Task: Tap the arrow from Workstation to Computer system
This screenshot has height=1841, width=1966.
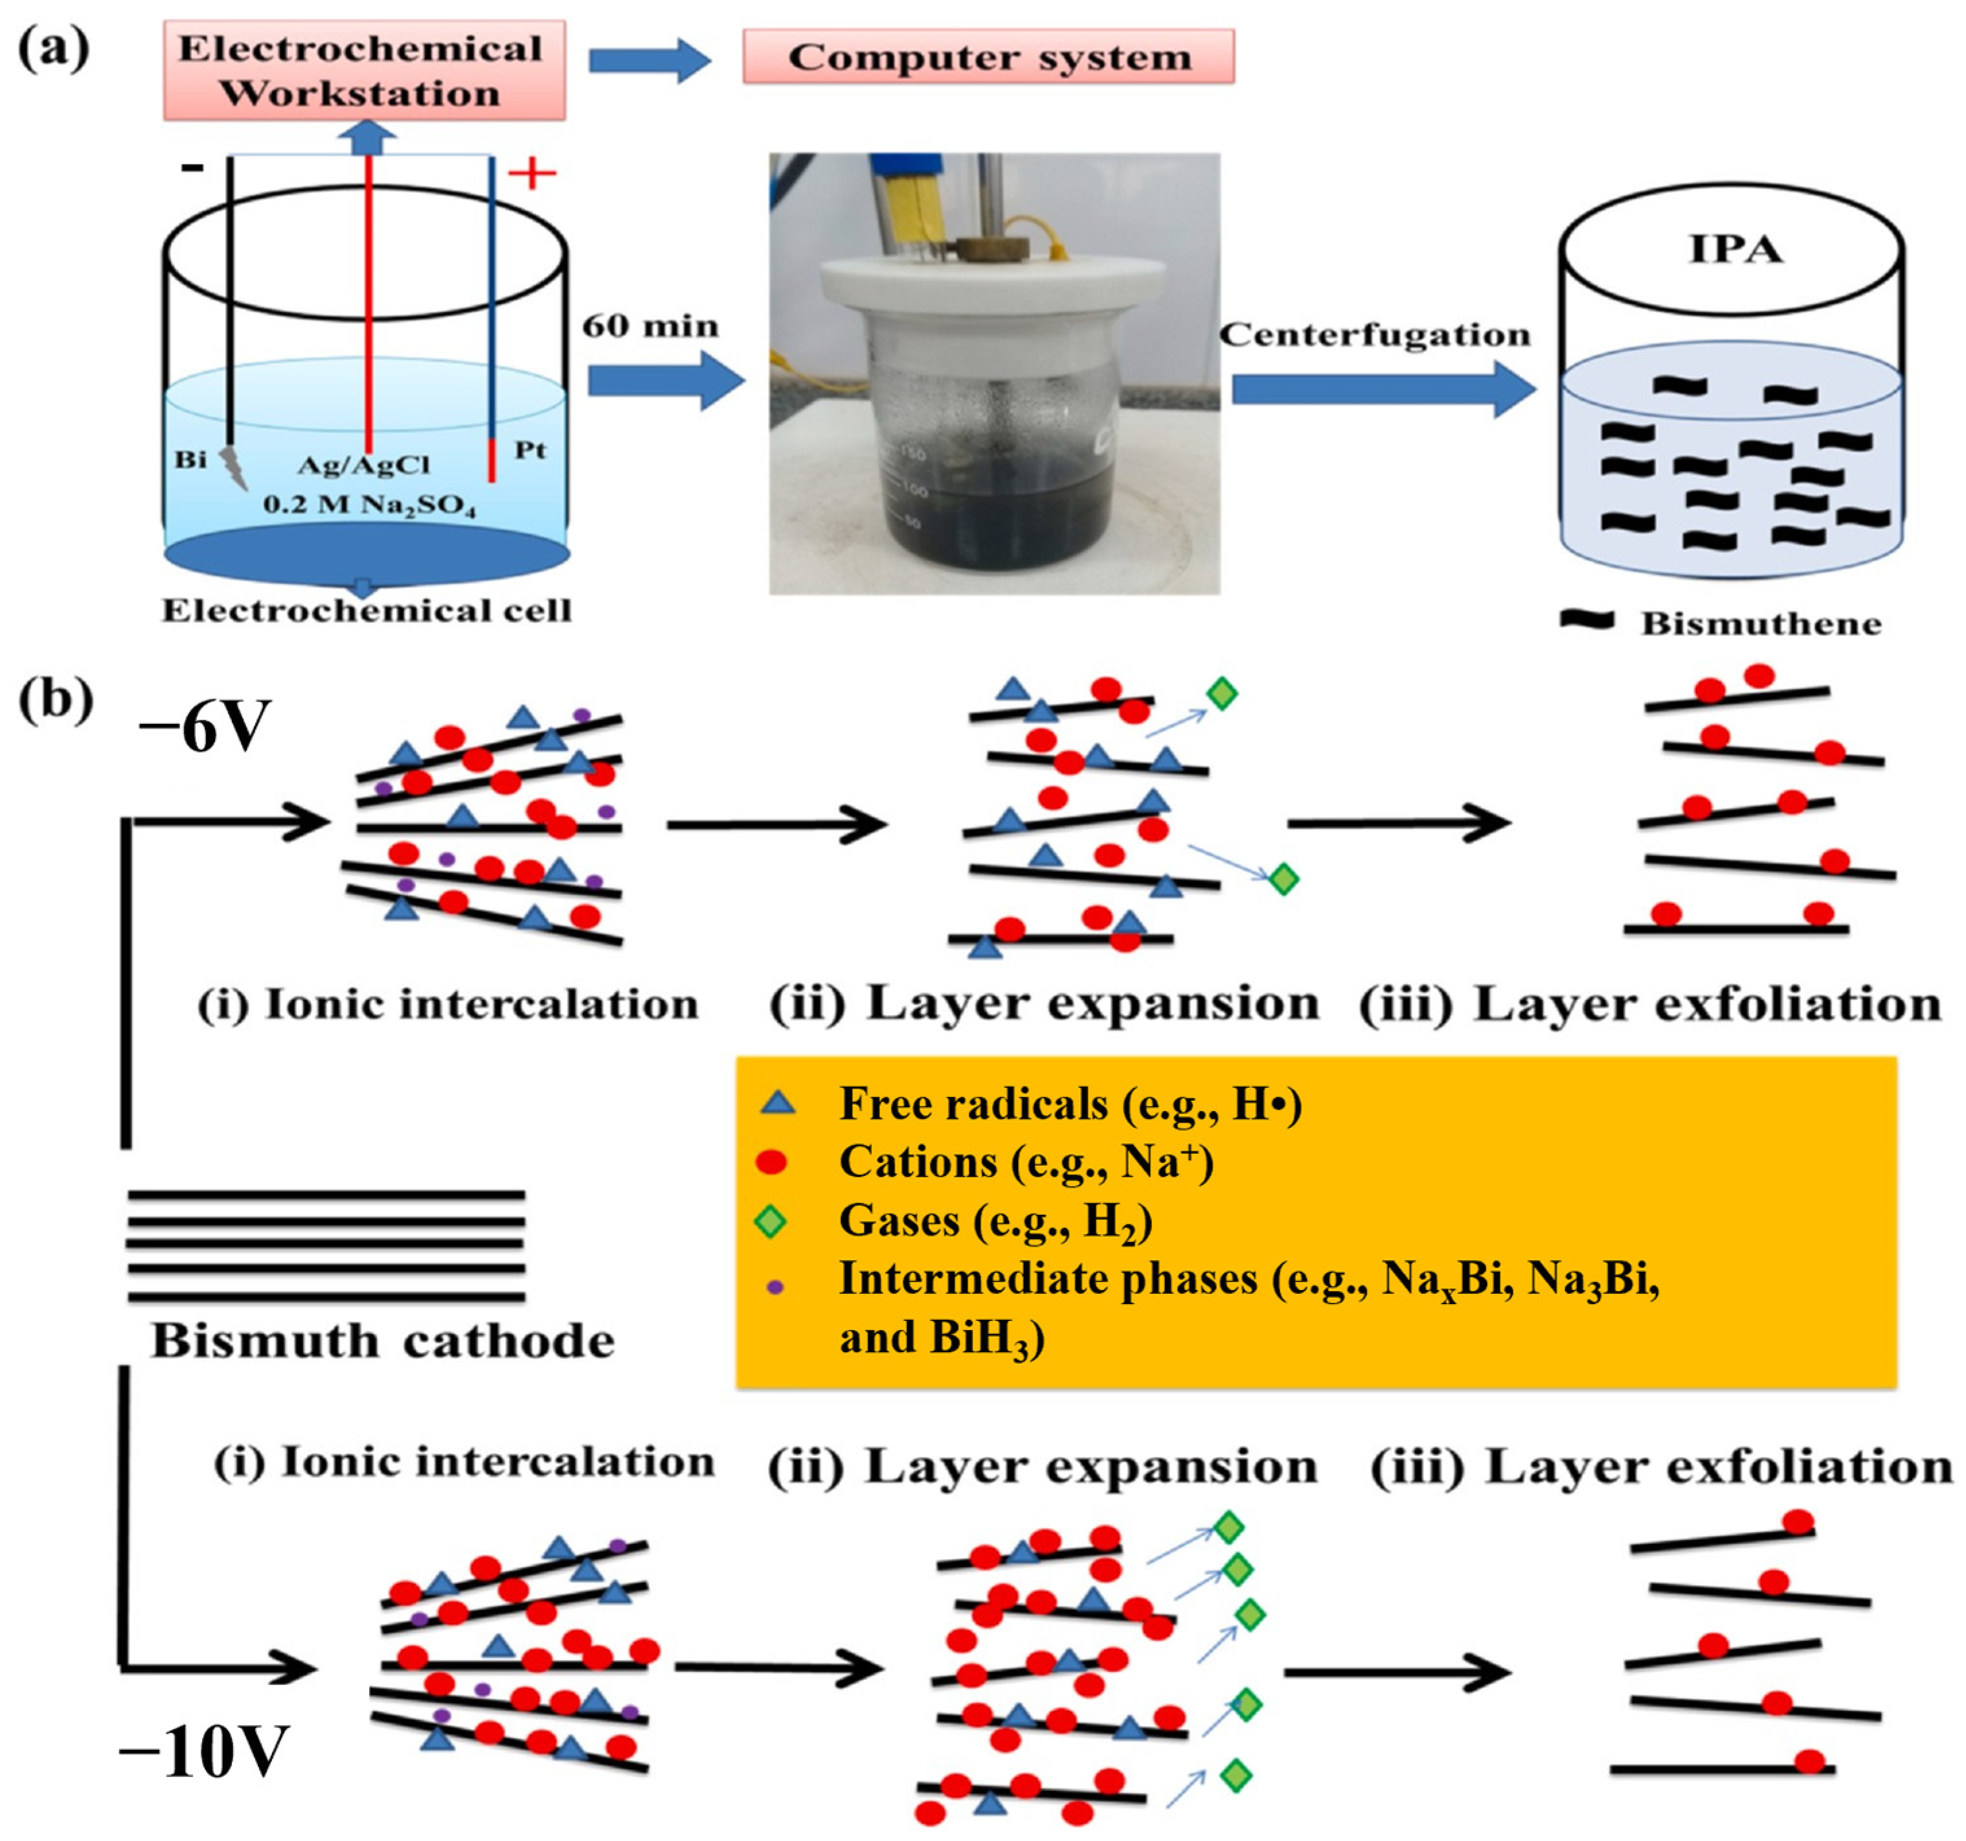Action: [650, 60]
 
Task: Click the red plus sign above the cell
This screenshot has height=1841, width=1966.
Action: [532, 174]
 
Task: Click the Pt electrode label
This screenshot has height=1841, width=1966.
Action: [530, 450]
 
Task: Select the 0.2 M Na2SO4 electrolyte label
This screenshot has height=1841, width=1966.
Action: [369, 505]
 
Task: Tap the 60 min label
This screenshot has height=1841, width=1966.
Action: [650, 326]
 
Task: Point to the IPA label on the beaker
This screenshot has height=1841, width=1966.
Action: [1735, 249]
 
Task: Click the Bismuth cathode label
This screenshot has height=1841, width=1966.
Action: [383, 1342]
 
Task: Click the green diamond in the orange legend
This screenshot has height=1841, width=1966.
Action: [771, 1222]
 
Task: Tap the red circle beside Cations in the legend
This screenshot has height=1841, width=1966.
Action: [771, 1163]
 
